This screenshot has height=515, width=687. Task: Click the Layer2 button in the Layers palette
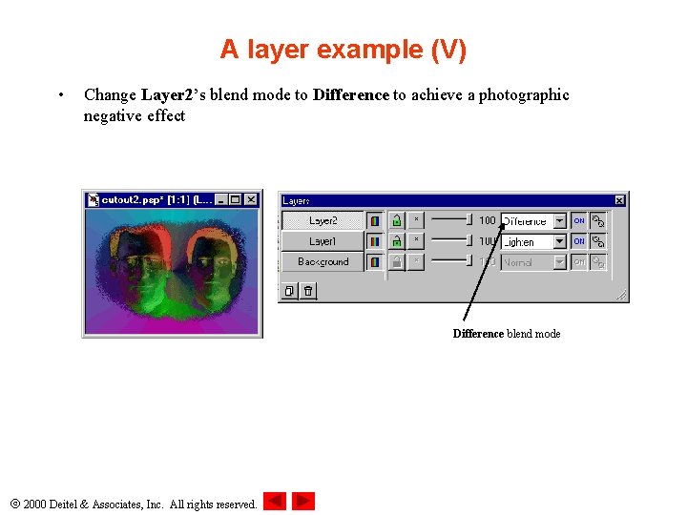coord(323,220)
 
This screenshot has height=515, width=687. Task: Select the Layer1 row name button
coord(323,241)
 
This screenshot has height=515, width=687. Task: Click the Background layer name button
coord(323,261)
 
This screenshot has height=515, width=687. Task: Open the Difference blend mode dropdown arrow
coord(559,220)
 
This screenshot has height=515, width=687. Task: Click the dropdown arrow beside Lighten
coord(559,241)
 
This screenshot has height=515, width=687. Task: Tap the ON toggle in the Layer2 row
coord(578,220)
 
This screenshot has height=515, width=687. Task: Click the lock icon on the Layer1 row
coord(396,241)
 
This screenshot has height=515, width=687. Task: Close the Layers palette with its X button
coord(619,200)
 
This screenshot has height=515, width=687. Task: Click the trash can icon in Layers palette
coord(308,291)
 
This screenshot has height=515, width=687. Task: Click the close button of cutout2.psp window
coord(251,199)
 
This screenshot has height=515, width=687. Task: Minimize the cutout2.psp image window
coord(221,199)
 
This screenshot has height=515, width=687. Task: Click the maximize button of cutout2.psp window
coord(236,199)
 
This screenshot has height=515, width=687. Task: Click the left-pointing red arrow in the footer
coord(275,501)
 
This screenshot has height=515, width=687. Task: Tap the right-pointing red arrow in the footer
coord(303,501)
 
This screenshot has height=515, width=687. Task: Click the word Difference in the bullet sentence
coord(351,94)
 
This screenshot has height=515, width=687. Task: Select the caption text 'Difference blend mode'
coord(506,334)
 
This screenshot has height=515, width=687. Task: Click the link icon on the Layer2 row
coord(598,220)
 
